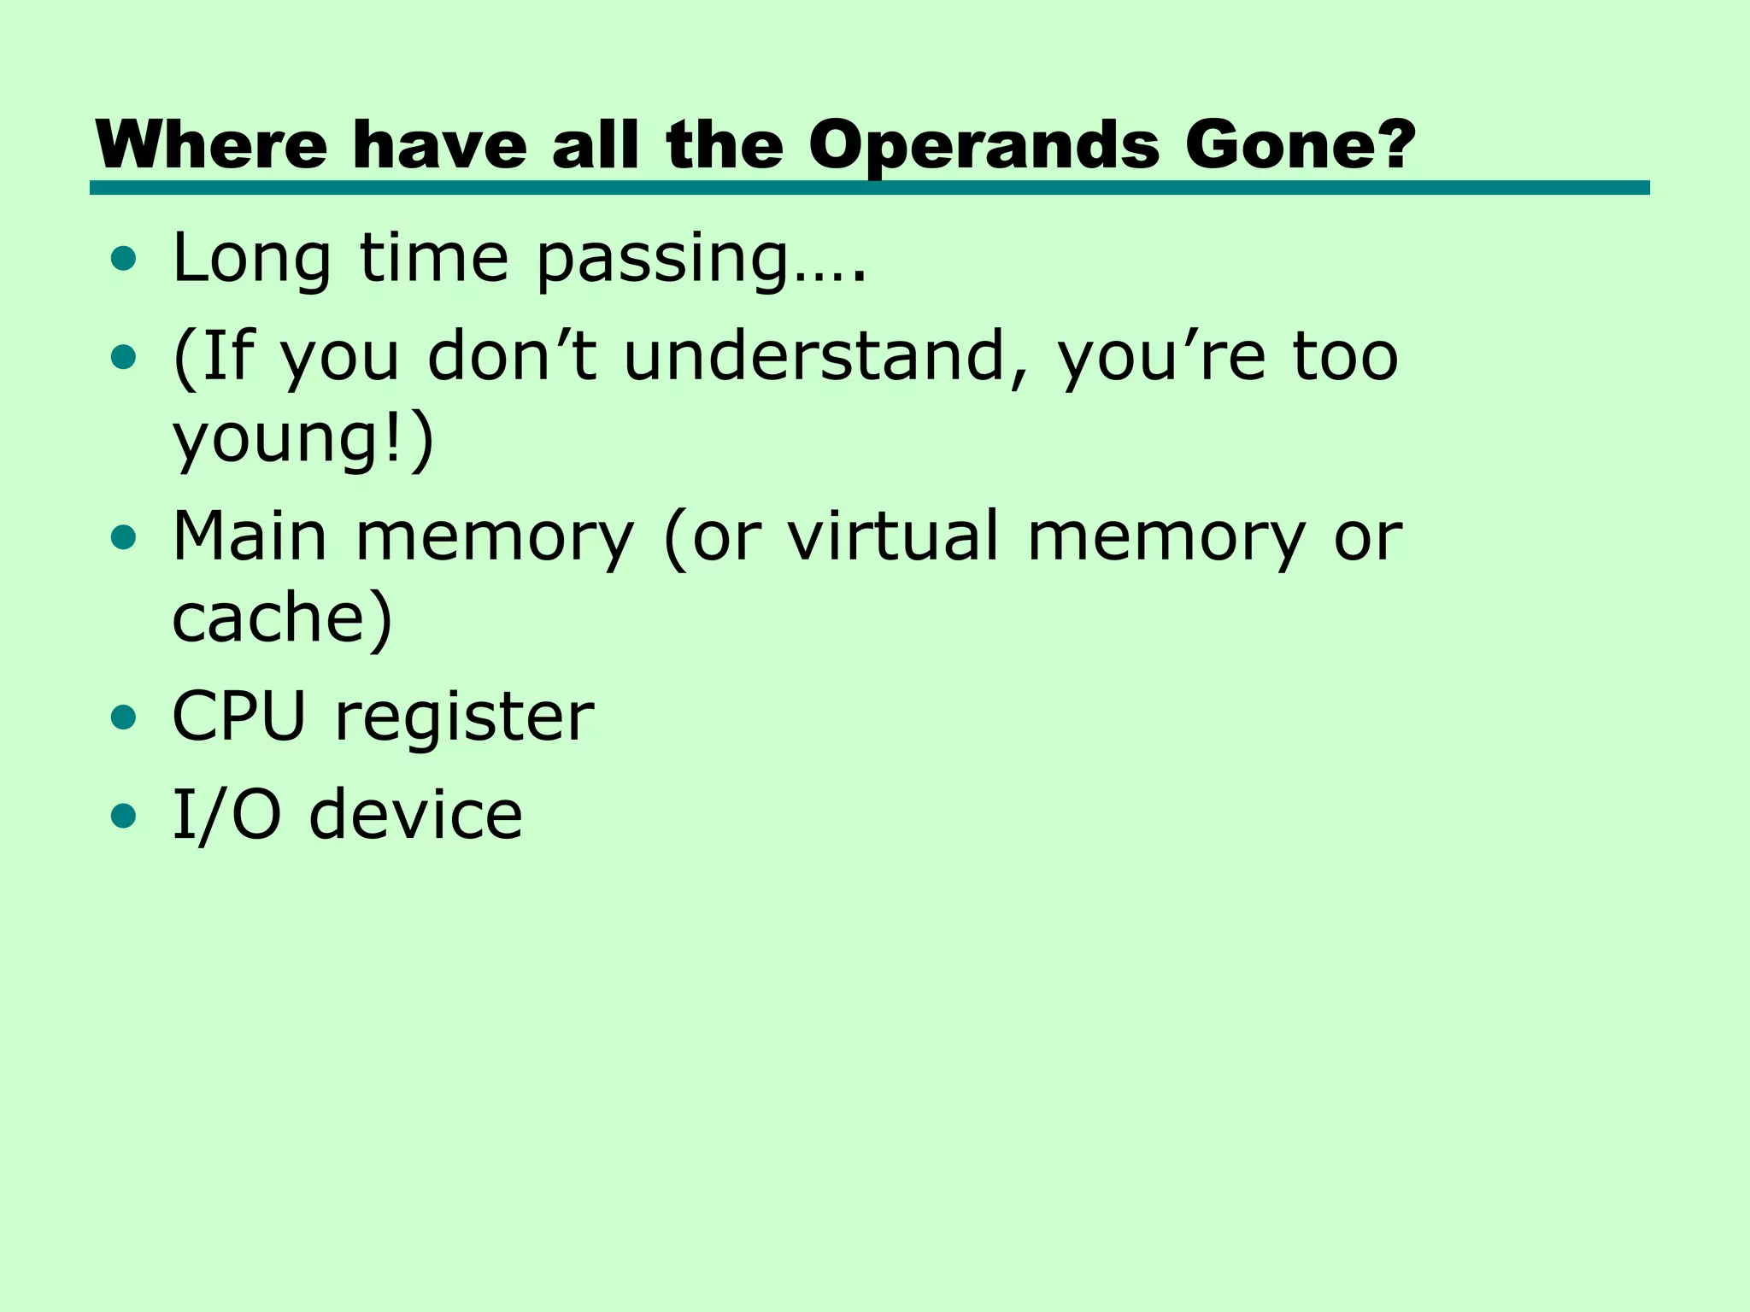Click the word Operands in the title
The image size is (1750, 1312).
pos(984,145)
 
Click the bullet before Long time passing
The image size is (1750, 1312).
pos(124,259)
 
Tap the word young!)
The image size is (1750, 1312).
pos(303,440)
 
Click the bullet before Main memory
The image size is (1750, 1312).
pos(124,537)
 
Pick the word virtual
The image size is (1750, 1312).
pos(893,537)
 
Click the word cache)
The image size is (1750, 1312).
pos(282,618)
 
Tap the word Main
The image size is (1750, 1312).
pos(250,537)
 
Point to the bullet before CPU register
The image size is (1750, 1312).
pos(124,718)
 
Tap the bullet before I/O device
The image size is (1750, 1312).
pos(124,816)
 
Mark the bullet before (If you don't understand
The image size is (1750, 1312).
pos(124,356)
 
